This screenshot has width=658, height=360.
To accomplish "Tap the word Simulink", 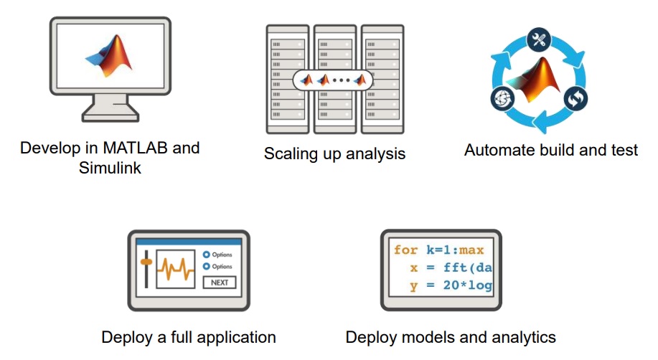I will [x=110, y=170].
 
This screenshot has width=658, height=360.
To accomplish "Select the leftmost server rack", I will [x=287, y=79].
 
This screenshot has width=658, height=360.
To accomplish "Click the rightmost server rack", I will [x=381, y=79].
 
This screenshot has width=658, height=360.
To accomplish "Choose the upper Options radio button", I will [x=206, y=255].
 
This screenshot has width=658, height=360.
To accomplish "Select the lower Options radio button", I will [x=206, y=267].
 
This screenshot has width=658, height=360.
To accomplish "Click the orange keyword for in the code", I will [x=405, y=250].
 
